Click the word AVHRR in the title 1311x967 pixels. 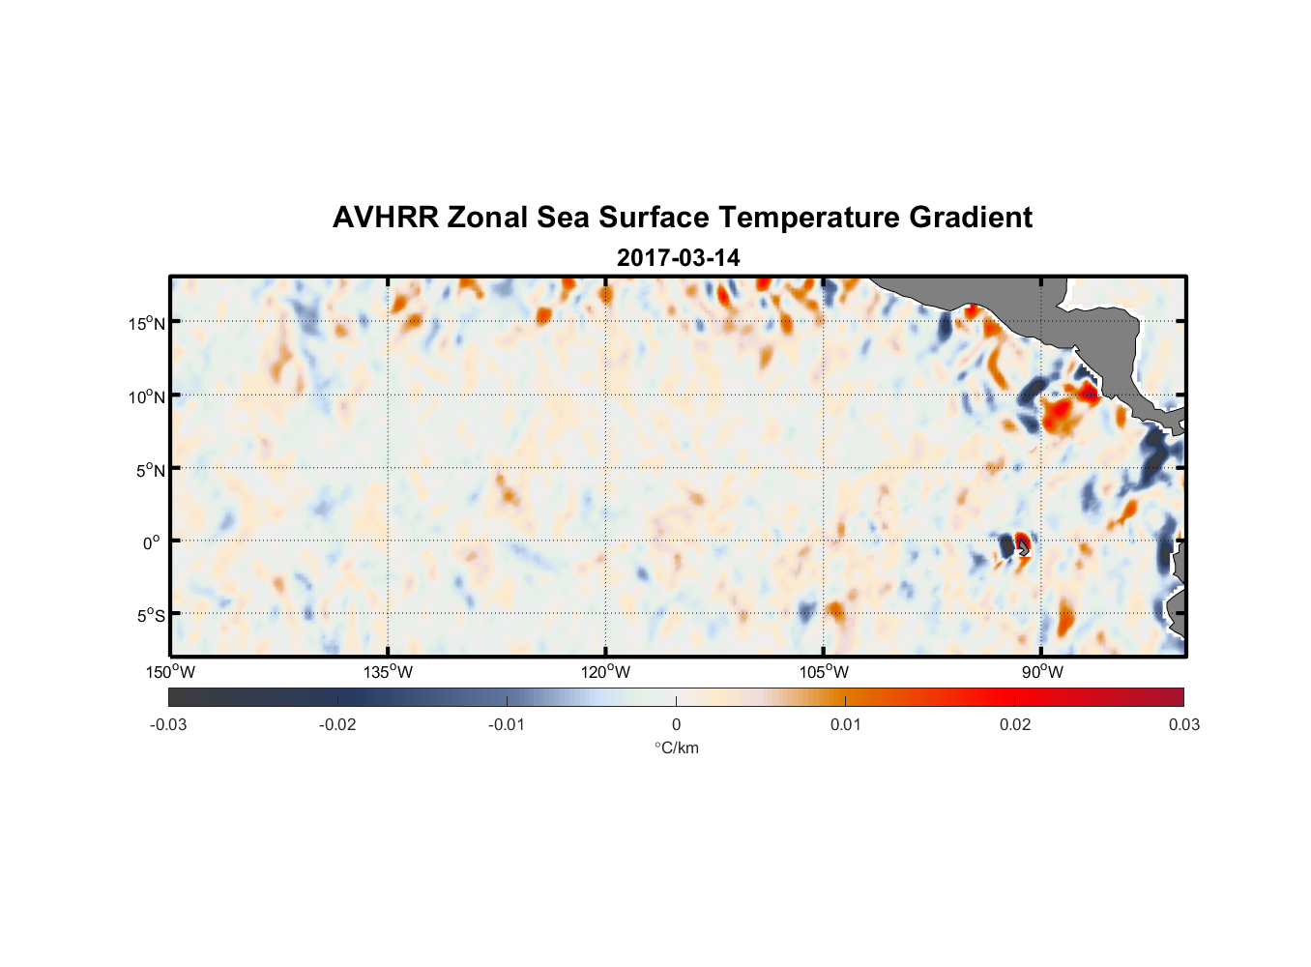385,218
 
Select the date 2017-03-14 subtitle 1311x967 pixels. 678,258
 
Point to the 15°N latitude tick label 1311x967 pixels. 147,323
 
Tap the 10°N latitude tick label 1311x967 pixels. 147,396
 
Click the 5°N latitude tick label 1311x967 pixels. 150,470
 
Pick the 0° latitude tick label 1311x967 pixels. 152,542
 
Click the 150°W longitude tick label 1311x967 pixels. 170,672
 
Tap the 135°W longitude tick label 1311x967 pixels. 388,672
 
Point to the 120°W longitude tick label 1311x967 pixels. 605,672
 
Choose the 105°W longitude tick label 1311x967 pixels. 823,672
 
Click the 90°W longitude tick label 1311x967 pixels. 1041,672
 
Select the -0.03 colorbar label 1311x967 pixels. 168,724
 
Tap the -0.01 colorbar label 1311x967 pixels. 507,724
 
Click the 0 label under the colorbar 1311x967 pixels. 676,724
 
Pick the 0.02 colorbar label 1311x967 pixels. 1015,724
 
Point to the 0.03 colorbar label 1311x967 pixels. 1183,724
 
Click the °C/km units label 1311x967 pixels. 676,747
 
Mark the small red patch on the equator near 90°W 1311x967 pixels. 1023,541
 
